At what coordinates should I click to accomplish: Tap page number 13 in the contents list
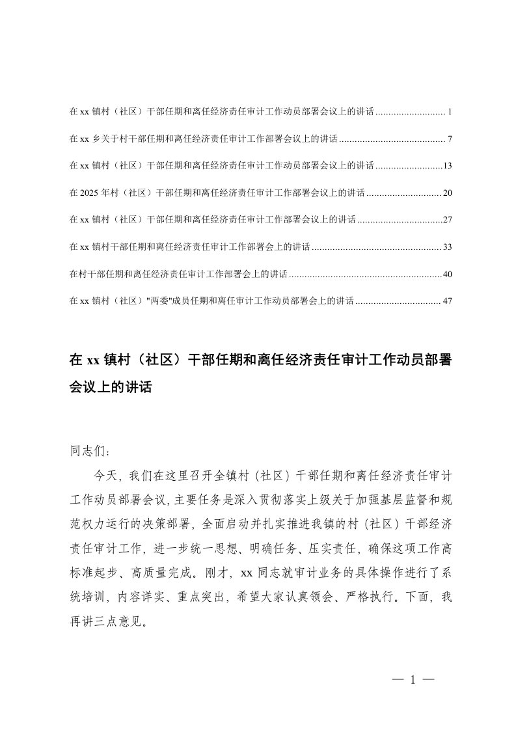(447, 166)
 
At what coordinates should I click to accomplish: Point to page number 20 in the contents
(447, 193)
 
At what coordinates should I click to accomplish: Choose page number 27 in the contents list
(447, 220)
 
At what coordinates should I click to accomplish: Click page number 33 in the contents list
(447, 247)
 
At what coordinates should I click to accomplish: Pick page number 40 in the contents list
(447, 274)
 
